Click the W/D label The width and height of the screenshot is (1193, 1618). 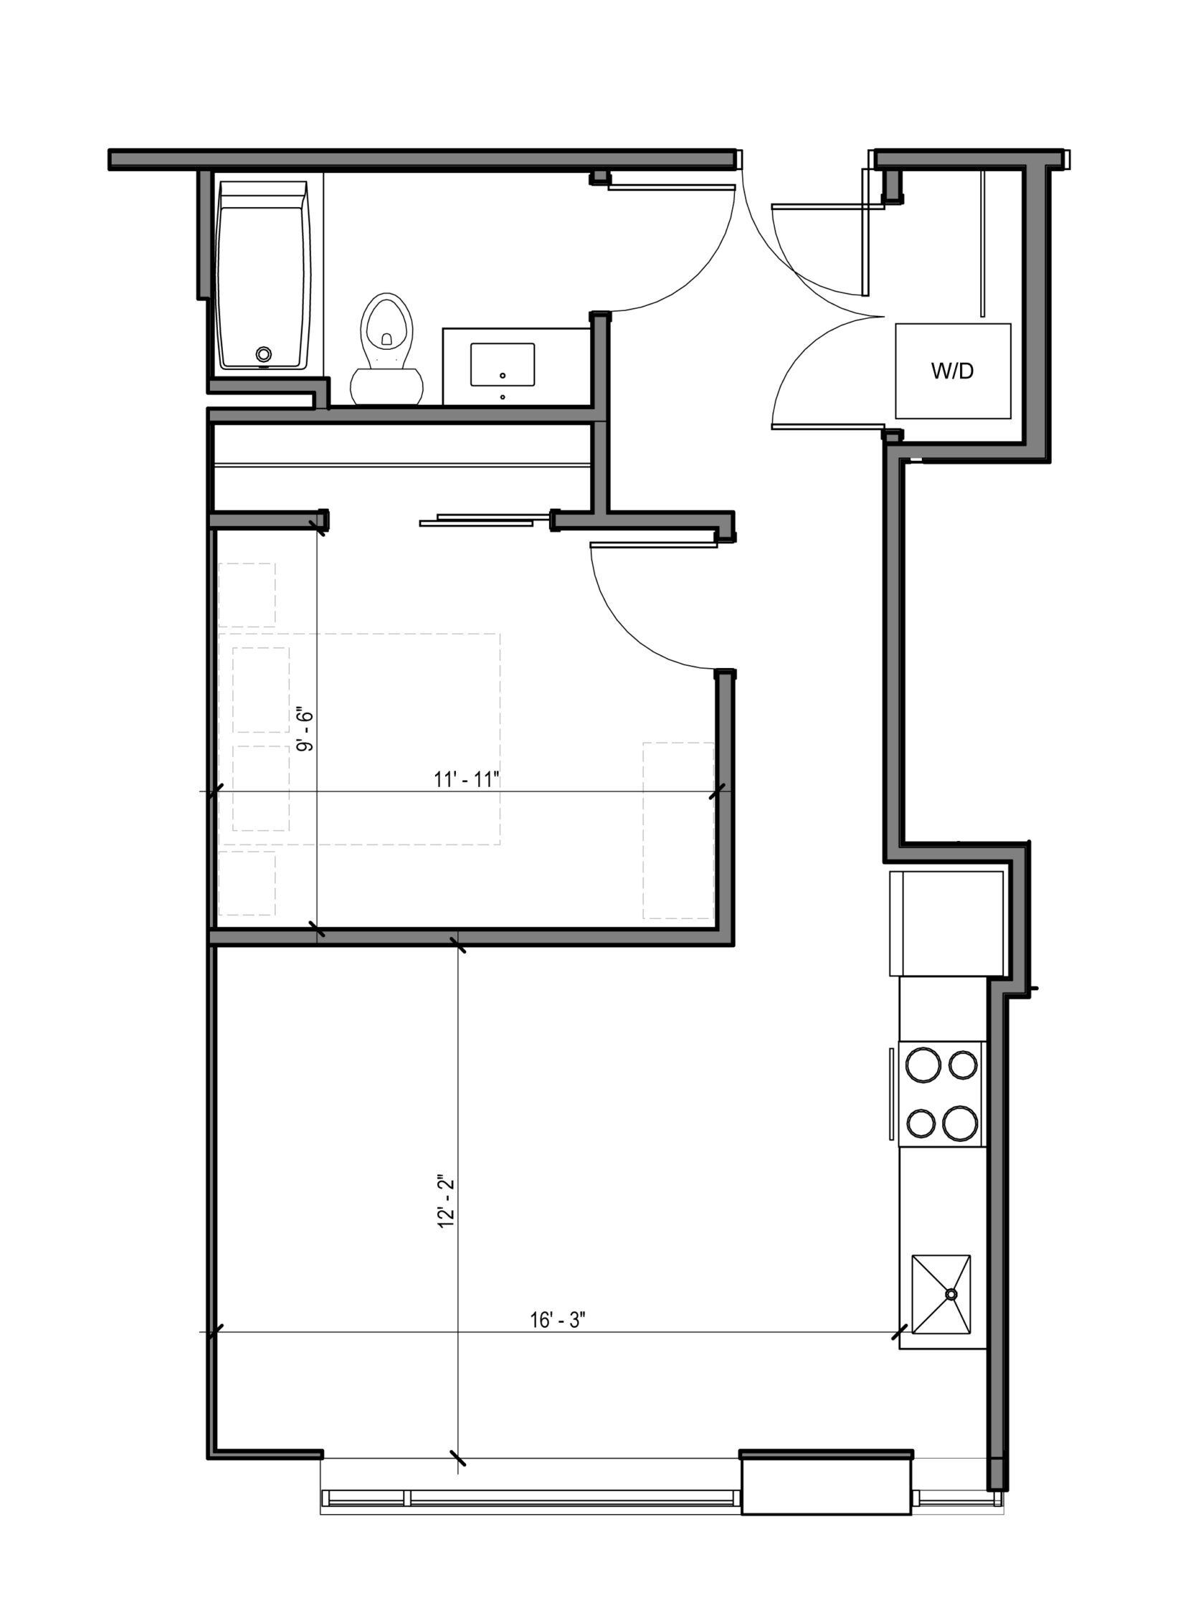pos(952,371)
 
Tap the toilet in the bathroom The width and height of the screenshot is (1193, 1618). pos(386,348)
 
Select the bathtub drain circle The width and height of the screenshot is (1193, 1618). pos(265,353)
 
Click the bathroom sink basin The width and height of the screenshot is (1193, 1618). pos(503,365)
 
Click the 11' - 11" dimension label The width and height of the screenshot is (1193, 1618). pos(467,780)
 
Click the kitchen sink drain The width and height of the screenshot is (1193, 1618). pos(951,1295)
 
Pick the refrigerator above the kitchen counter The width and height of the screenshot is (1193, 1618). pos(947,924)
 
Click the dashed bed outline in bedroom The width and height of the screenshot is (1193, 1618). pos(360,739)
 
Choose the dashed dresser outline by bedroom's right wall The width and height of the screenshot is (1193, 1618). pos(678,830)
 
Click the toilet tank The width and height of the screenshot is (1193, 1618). pos(386,386)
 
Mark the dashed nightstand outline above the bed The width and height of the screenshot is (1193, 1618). pos(247,595)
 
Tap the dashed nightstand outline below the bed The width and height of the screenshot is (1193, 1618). pos(247,883)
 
